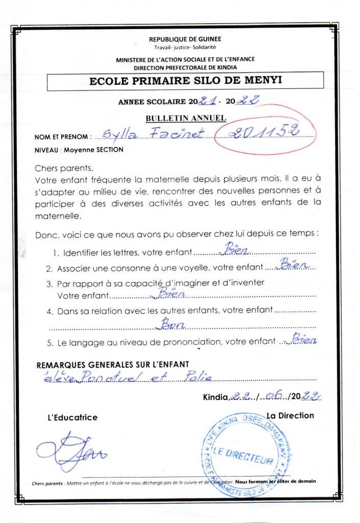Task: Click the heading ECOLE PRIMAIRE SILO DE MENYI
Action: (185, 80)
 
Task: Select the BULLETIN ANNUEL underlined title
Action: (186, 118)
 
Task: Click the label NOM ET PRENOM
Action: (63, 137)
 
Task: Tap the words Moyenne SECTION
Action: (92, 150)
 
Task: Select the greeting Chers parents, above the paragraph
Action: (64, 168)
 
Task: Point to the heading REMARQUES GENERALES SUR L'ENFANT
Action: (113, 364)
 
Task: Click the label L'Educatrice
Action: (72, 417)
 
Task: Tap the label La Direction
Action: (290, 415)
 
